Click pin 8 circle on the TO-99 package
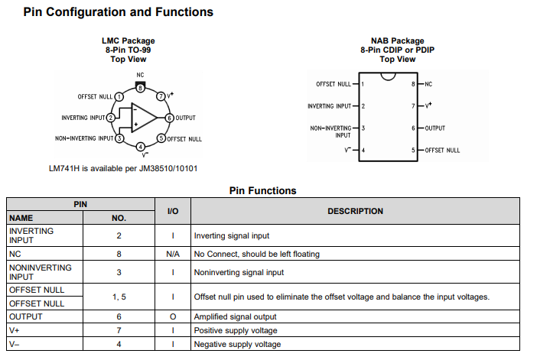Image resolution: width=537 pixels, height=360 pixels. (x=139, y=88)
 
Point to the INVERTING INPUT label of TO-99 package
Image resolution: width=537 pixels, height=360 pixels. (x=83, y=118)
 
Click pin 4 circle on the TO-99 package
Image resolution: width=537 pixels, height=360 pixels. (x=139, y=147)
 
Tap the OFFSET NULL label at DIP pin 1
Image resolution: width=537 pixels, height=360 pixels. (x=334, y=84)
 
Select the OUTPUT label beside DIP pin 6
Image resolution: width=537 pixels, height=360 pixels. (x=435, y=128)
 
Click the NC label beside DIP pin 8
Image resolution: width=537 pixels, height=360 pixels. (x=428, y=84)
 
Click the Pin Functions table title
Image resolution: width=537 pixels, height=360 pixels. (x=262, y=190)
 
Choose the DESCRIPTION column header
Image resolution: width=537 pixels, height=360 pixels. (x=355, y=211)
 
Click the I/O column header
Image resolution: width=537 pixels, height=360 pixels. (x=173, y=211)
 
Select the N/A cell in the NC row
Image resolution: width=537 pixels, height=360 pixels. (x=173, y=254)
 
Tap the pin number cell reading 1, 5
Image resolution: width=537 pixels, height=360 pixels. (x=118, y=297)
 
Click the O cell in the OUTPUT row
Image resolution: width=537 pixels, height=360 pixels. (x=173, y=316)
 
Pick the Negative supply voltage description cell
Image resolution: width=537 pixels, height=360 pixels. (x=237, y=345)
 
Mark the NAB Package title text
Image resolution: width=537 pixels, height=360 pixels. (x=397, y=41)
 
